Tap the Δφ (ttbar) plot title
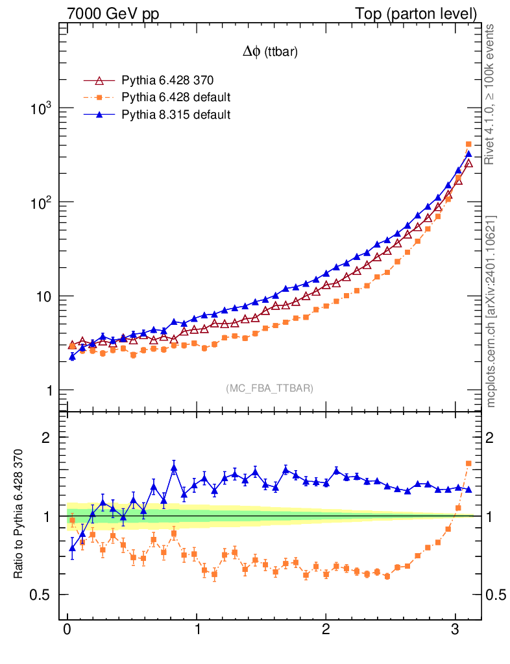pos(270,53)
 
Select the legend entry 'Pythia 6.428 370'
pos(167,81)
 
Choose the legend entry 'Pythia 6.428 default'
pos(176,98)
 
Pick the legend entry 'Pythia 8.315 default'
pos(176,115)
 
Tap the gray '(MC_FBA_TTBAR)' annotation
pos(270,388)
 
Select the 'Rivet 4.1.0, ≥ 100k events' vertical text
pos(492,95)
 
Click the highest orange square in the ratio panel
pos(469,463)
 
